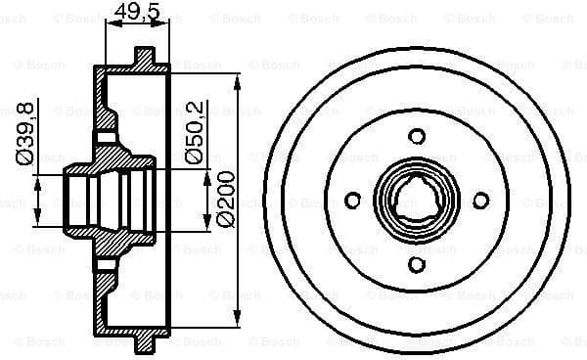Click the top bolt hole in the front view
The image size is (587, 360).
[416, 135]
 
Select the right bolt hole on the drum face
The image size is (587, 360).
[480, 200]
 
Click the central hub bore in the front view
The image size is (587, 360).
[416, 200]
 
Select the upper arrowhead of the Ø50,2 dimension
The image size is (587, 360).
[208, 175]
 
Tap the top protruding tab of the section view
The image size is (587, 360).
[145, 56]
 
